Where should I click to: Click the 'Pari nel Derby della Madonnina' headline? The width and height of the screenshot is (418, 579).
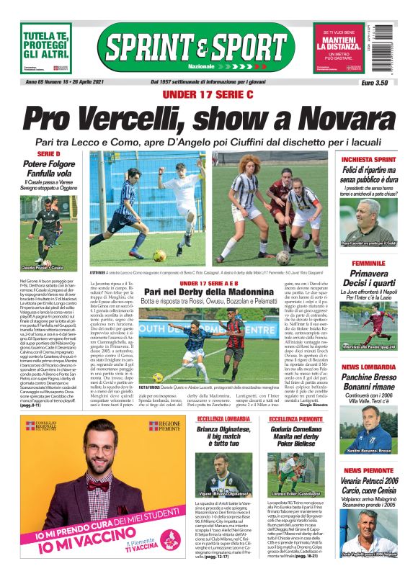pyautogui.click(x=208, y=291)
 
